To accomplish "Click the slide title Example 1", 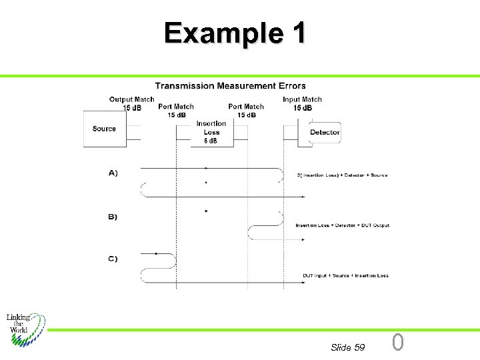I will [x=235, y=32].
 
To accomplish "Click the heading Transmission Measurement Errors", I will [x=230, y=85].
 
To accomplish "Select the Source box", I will [x=105, y=129].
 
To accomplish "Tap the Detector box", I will [x=325, y=132].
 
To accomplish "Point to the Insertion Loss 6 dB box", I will [x=211, y=132].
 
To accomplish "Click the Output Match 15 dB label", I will [x=131, y=103].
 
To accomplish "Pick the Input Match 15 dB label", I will [x=303, y=103].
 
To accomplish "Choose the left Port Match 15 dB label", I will [x=176, y=110].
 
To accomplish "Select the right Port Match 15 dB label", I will [x=246, y=110].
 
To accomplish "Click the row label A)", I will [x=113, y=173].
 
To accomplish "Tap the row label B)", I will [x=113, y=217].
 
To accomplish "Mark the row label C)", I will [x=113, y=259].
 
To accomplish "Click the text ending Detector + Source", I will [x=342, y=175].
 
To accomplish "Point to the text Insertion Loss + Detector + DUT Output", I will [x=342, y=225].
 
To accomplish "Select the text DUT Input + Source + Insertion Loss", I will [x=345, y=275].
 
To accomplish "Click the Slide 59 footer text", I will [x=347, y=347].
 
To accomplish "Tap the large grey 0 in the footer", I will [x=397, y=343].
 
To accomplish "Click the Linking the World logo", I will [x=25, y=327].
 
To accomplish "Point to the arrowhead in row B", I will [x=207, y=211].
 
